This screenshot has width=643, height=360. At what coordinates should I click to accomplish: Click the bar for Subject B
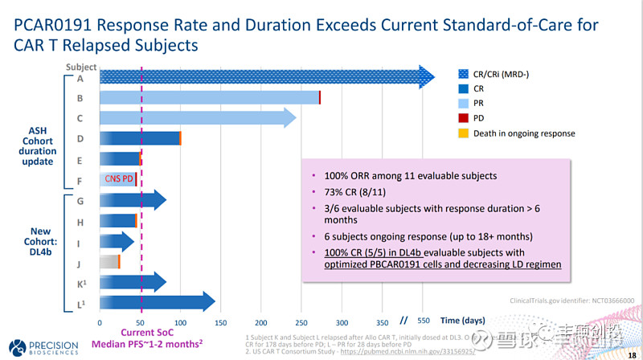(209, 97)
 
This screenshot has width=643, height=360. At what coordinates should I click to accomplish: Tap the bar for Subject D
(140, 138)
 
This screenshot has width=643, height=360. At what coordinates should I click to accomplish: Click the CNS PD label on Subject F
(119, 179)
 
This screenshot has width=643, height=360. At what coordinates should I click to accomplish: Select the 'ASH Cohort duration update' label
(38, 145)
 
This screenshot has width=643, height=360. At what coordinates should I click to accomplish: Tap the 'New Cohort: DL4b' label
(39, 238)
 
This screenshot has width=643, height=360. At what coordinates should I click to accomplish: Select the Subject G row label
(80, 200)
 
